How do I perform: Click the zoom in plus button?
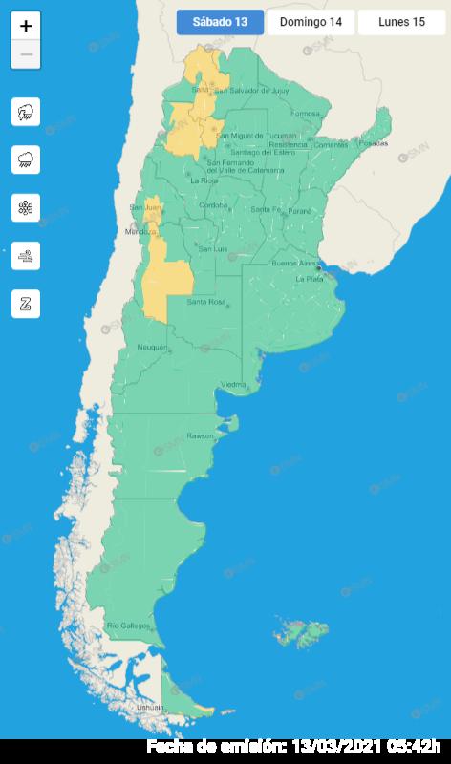[x=26, y=27]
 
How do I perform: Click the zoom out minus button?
[x=26, y=54]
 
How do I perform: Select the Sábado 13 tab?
[x=220, y=22]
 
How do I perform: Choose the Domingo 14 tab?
[x=311, y=22]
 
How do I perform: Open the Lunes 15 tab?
[x=401, y=22]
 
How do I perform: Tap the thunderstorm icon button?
[x=26, y=113]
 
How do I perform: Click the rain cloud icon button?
[x=26, y=159]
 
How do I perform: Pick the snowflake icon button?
[x=26, y=207]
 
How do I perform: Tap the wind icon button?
[x=26, y=255]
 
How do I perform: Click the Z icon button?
[x=26, y=304]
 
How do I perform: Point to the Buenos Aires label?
[x=293, y=263]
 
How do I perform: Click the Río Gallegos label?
[x=128, y=625]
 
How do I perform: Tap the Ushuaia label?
[x=149, y=707]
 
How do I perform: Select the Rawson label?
[x=201, y=435]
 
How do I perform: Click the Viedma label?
[x=234, y=384]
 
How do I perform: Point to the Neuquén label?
[x=153, y=347]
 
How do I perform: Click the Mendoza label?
[x=140, y=232]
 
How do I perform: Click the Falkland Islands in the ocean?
[x=296, y=631]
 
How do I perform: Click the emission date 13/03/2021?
[x=335, y=746]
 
